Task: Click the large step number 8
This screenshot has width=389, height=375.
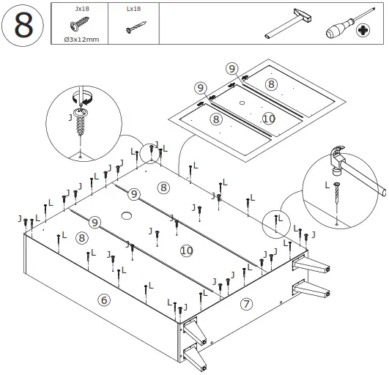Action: [23, 25]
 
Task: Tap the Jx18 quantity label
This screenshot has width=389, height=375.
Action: [82, 9]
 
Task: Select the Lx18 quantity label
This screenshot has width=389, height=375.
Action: [134, 9]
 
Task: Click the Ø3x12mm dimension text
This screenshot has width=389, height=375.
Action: [81, 40]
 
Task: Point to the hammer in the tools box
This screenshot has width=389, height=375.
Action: [289, 23]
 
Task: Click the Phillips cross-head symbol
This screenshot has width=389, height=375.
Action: [363, 31]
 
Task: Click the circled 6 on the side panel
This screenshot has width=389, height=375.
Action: [104, 300]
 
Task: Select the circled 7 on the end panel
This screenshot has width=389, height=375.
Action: [246, 304]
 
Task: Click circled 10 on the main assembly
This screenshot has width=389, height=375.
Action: [187, 250]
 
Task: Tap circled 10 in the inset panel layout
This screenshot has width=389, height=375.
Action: [269, 119]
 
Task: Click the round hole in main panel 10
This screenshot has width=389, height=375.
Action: [126, 215]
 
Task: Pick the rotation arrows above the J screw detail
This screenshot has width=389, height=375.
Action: [82, 97]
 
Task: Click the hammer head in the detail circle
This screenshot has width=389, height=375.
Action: [337, 159]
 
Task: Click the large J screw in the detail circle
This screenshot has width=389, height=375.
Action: [80, 121]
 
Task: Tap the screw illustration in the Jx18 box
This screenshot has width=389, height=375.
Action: [80, 24]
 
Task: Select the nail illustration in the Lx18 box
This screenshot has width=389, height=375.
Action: [136, 27]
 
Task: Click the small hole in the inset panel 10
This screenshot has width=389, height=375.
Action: [242, 103]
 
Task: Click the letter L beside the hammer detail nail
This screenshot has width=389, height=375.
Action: [327, 185]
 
